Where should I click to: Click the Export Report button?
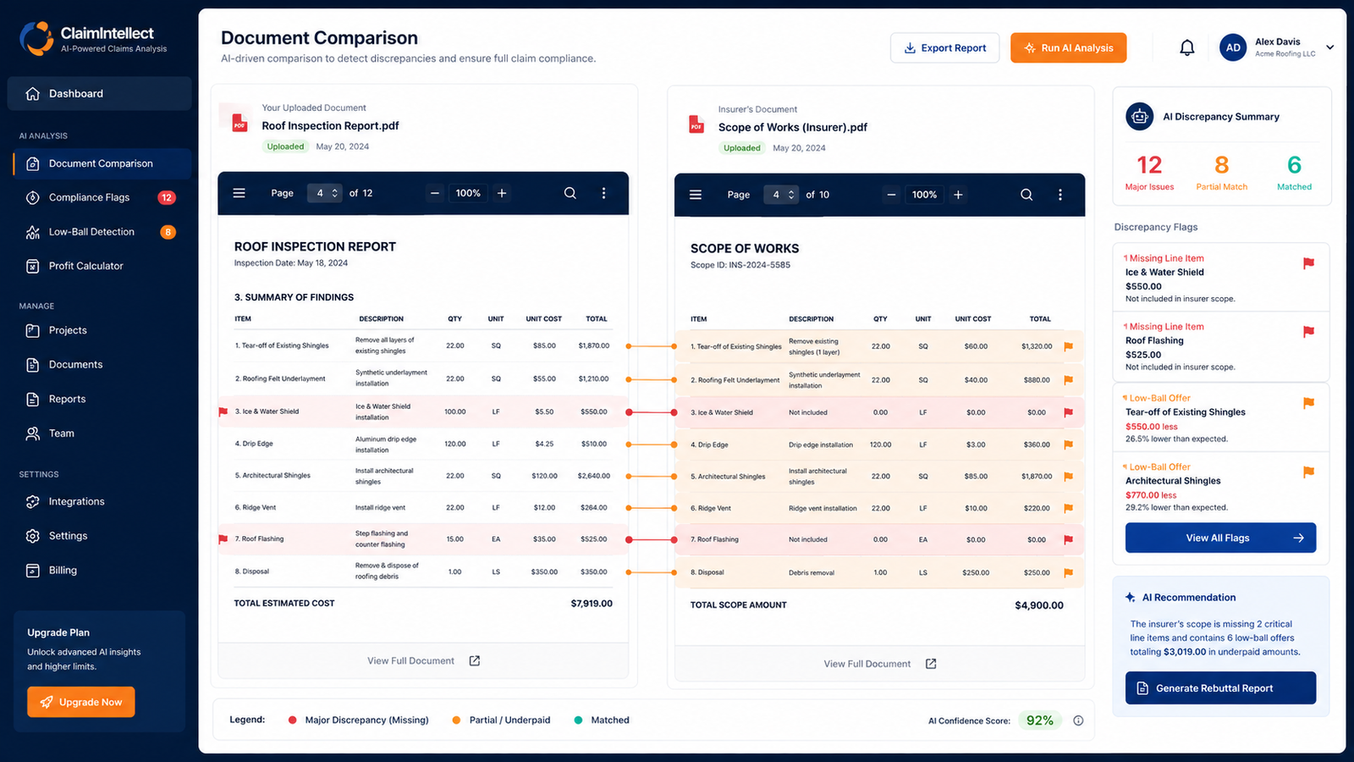coord(944,47)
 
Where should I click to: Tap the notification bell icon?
coord(1187,47)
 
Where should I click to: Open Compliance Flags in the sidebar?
coord(89,197)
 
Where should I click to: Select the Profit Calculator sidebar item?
coord(85,266)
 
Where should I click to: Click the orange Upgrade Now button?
coord(81,702)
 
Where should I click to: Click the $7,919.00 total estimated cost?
coord(592,604)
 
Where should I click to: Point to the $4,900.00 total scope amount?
coord(1039,605)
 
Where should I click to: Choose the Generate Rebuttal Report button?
coord(1220,688)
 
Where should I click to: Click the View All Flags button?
coord(1220,538)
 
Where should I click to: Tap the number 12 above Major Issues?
coord(1149,165)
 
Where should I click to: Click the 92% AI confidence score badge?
coord(1040,721)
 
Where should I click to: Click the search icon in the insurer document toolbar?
coord(1027,195)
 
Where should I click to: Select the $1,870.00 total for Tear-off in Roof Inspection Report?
coord(593,345)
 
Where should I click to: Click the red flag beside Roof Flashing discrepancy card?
coord(1308,331)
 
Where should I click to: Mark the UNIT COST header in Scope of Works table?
coord(972,318)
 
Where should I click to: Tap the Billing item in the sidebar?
coord(63,571)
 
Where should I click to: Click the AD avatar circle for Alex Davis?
coord(1233,47)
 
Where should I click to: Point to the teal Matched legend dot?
coord(578,720)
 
